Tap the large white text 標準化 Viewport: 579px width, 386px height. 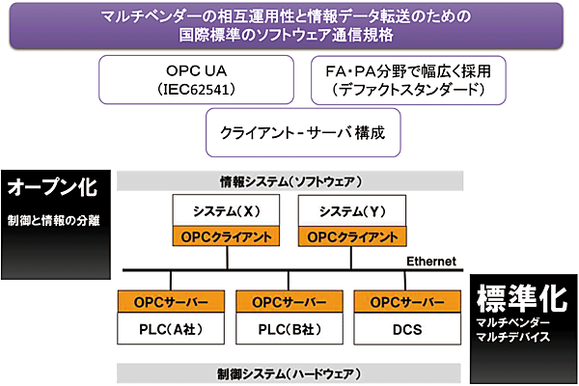point(524,296)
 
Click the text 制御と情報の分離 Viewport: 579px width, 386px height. point(52,220)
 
